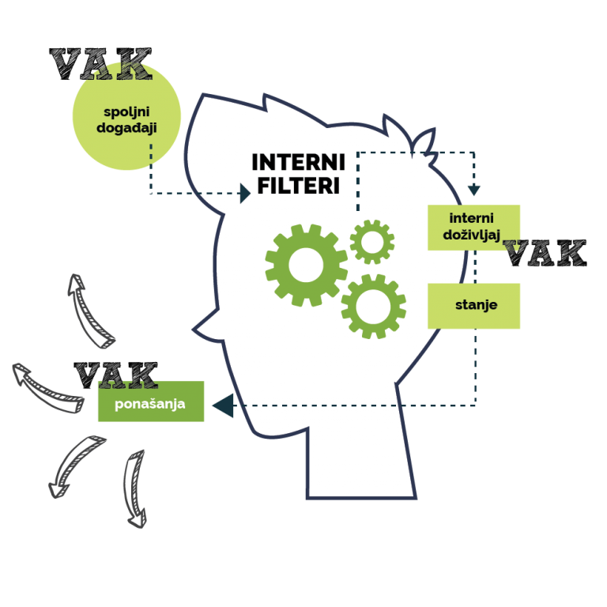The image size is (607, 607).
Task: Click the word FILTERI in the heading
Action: coord(296,186)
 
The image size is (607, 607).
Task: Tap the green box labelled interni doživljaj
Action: coord(473,228)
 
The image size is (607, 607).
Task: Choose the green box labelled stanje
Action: coord(474,305)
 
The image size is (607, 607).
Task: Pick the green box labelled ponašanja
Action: coord(150,402)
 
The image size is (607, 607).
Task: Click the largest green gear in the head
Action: coord(306,265)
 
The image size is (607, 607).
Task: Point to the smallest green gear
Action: coord(371,242)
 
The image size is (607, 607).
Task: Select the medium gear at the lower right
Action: coord(373,306)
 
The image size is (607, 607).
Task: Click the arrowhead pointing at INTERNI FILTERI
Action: coord(245,193)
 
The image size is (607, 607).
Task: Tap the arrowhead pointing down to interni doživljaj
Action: coord(473,190)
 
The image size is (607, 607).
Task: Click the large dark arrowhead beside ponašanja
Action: coord(222,406)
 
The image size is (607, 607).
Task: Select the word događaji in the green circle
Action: coord(126,126)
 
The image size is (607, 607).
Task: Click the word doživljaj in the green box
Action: coord(472,235)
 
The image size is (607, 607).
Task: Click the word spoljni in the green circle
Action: coord(126,111)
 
